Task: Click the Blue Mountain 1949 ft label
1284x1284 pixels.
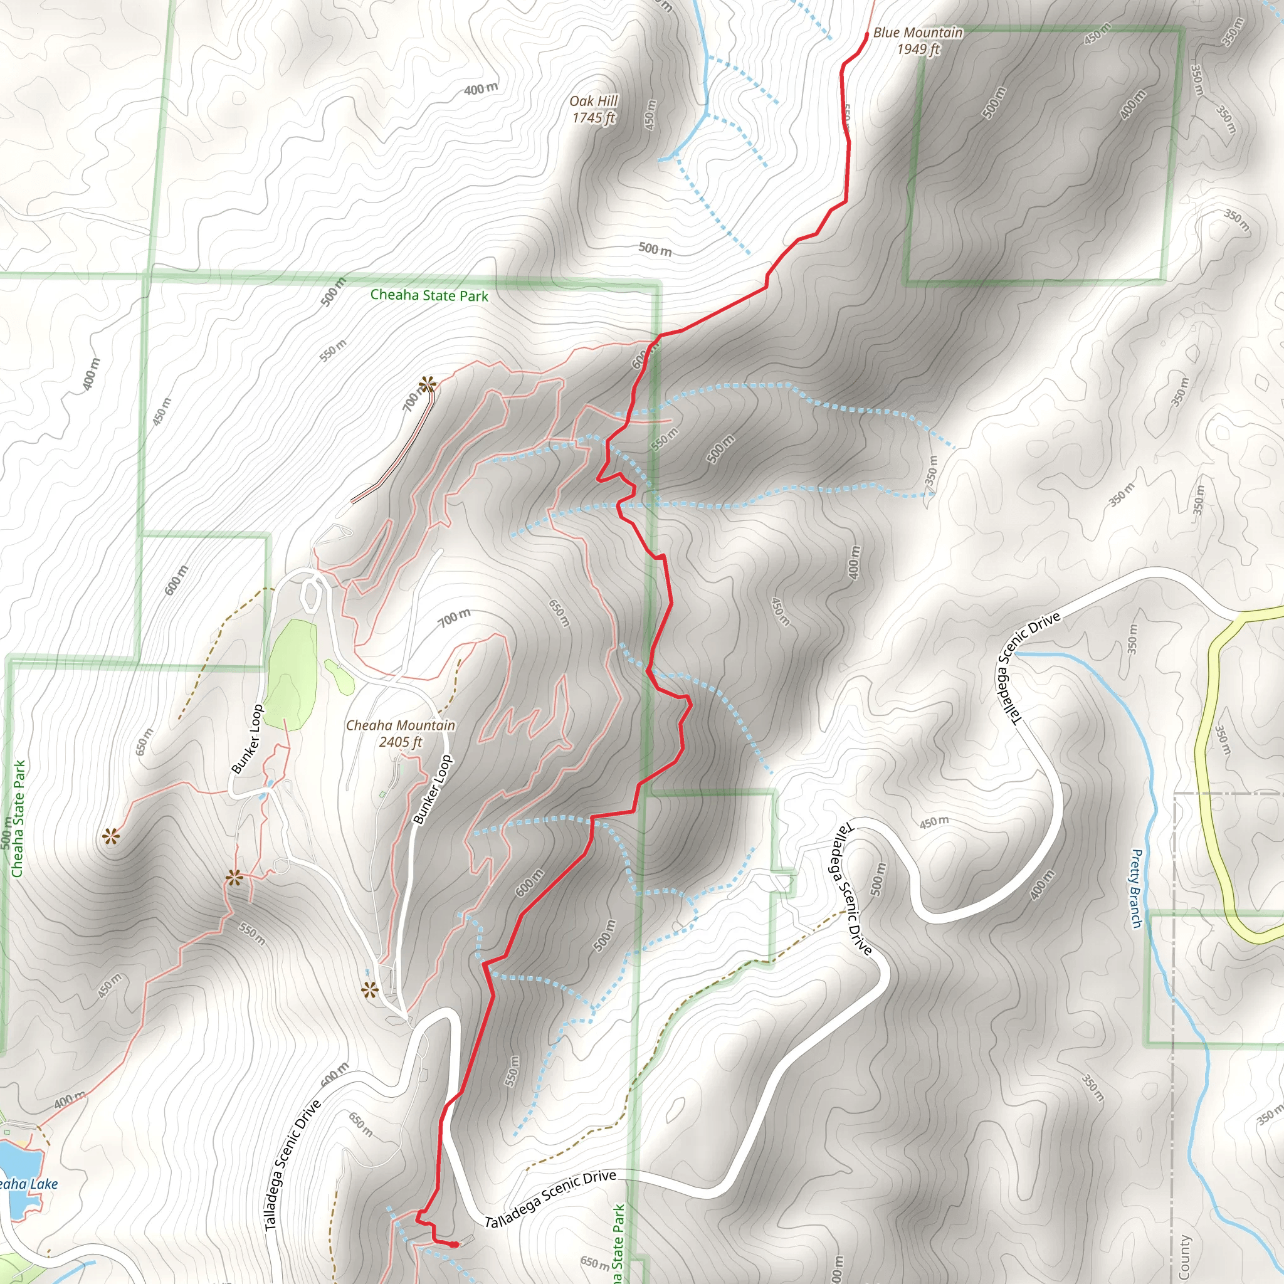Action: [917, 41]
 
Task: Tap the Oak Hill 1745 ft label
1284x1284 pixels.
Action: [594, 109]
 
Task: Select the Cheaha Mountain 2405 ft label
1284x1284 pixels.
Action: [400, 733]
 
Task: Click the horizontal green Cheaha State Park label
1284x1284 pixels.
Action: [429, 295]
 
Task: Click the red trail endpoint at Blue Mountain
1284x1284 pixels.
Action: [866, 34]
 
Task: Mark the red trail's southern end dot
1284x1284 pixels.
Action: [455, 1245]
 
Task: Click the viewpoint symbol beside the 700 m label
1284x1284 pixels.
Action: [428, 384]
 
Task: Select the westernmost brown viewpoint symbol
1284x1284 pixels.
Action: [111, 836]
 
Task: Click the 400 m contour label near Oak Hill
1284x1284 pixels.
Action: [480, 88]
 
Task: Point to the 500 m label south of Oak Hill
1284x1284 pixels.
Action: [655, 250]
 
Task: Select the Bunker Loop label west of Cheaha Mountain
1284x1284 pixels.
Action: [247, 739]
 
